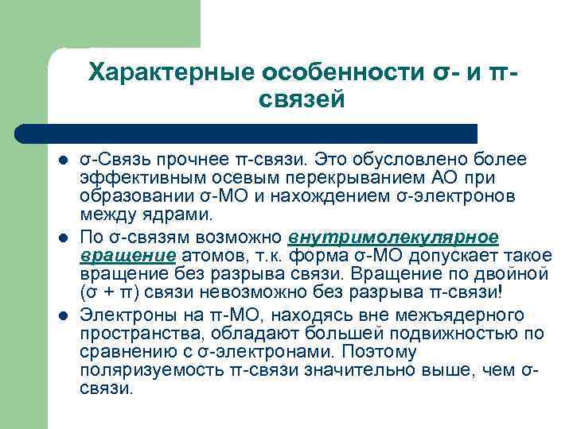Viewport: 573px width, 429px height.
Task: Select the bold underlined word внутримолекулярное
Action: pyautogui.click(x=394, y=237)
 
